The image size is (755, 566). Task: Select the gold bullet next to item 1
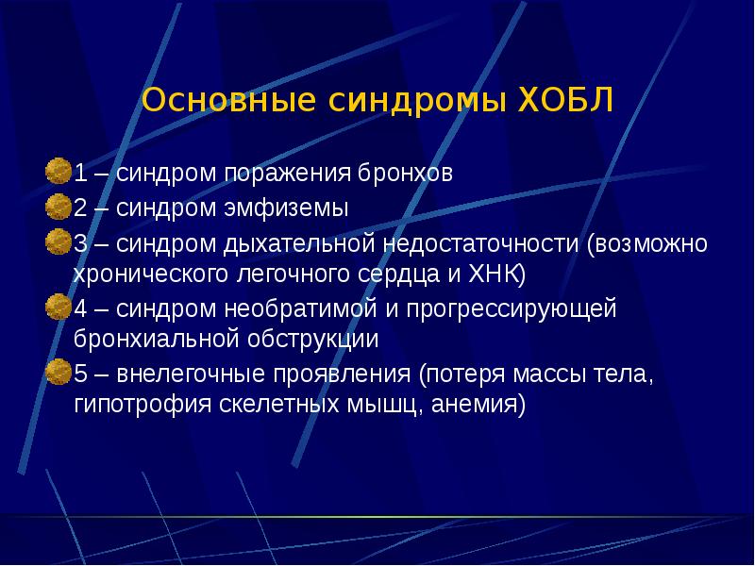click(59, 172)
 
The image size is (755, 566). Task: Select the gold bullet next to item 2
click(59, 205)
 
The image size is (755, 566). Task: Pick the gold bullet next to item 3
click(59, 240)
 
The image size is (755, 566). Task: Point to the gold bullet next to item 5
click(59, 371)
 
